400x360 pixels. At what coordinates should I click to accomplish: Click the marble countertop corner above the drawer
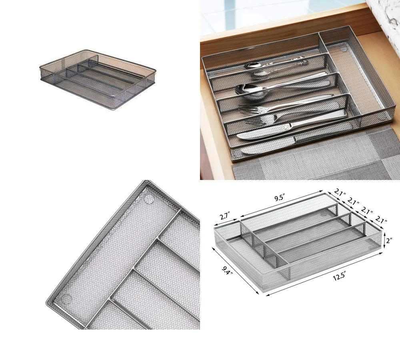tap(384, 12)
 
